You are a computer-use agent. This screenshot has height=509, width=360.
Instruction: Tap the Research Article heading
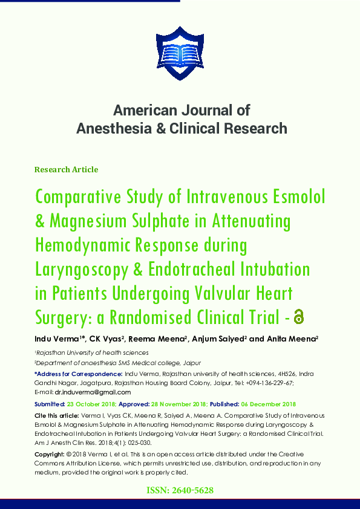[x=66, y=170]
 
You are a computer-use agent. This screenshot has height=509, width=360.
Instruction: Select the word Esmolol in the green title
[x=293, y=197]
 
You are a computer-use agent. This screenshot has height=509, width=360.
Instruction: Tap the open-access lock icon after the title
[x=298, y=316]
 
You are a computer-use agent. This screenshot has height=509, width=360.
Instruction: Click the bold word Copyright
[x=50, y=453]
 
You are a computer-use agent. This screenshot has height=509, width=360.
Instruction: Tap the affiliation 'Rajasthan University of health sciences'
[x=92, y=352]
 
